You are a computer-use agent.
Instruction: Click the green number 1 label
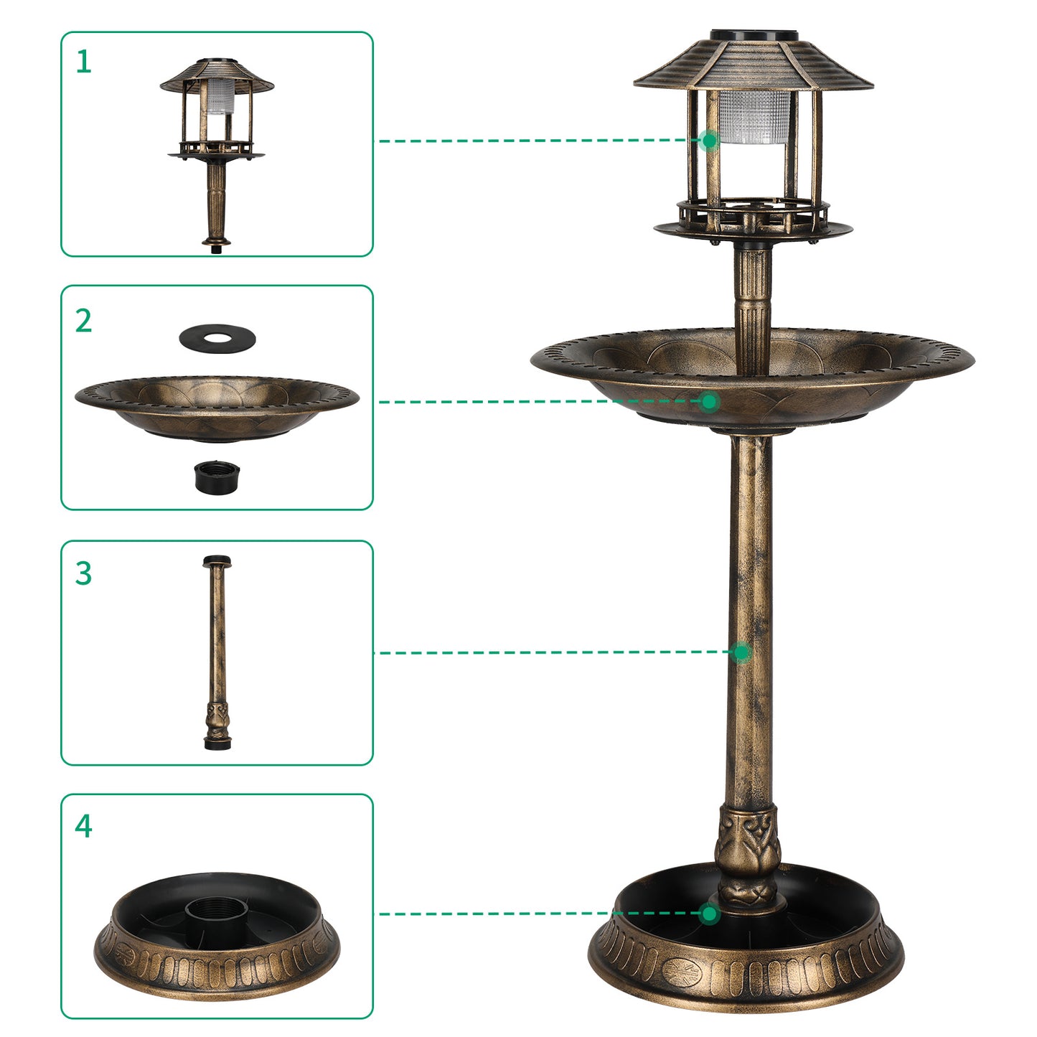84,62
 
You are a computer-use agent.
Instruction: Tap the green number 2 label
84,321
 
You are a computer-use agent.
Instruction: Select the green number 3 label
84,574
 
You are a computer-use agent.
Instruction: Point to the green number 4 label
84,826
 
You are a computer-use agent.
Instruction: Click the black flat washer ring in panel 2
217,338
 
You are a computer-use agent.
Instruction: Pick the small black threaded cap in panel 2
217,477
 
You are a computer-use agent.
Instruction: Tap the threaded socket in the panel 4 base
217,912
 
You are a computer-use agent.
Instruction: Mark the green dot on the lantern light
709,141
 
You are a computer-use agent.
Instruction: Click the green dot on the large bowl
709,402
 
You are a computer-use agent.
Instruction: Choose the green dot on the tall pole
741,652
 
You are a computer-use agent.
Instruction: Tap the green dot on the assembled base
709,914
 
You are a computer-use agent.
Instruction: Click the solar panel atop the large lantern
754,35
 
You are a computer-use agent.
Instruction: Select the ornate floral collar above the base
748,854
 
